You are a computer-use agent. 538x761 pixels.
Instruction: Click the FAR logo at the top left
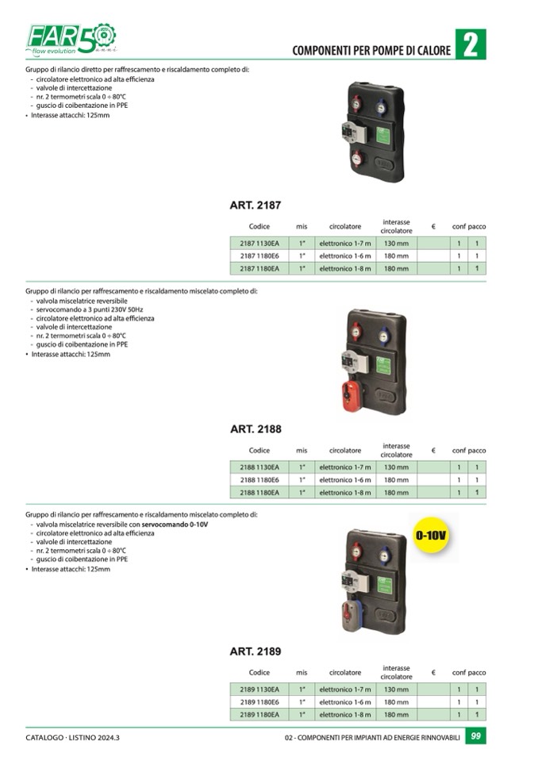point(71,38)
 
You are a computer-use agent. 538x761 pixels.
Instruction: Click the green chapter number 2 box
point(471,44)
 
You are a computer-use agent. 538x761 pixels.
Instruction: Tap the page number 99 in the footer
point(476,736)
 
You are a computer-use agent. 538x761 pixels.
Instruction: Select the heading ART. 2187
point(256,206)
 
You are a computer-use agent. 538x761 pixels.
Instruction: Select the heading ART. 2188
point(256,429)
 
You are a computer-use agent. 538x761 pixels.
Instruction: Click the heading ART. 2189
point(256,651)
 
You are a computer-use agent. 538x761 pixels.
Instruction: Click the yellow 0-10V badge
point(430,536)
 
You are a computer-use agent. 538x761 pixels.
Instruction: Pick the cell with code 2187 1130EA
point(259,243)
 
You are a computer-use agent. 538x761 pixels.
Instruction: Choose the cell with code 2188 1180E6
point(259,479)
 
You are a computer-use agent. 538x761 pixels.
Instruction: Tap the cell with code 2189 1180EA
point(259,714)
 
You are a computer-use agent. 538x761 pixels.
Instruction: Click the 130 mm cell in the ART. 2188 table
point(396,467)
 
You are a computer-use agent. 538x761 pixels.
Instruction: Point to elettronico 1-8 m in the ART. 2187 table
point(345,268)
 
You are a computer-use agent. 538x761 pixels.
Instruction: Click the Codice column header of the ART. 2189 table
point(259,673)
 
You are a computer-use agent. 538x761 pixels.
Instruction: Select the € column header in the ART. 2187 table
point(433,227)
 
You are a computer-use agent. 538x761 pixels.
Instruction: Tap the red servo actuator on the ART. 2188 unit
point(352,395)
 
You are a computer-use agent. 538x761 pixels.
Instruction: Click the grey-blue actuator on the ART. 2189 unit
point(352,616)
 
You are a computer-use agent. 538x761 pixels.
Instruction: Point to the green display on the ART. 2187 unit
point(382,136)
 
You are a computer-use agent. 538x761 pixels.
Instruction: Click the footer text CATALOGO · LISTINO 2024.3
point(72,737)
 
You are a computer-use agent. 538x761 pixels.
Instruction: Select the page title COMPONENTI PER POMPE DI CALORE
point(371,51)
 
